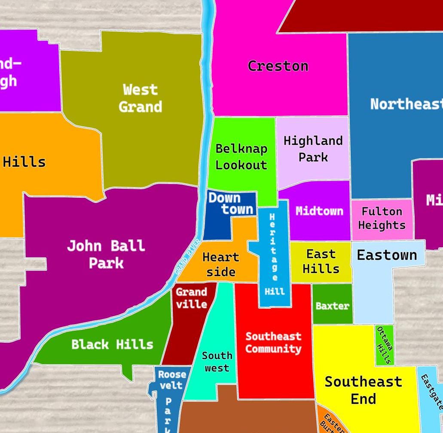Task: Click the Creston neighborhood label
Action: [278, 66]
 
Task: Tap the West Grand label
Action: [140, 98]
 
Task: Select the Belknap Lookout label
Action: [241, 157]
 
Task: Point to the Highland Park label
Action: [313, 149]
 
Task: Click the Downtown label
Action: [231, 203]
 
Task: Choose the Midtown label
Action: [319, 211]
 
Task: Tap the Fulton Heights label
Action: [382, 218]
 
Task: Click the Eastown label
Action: [387, 255]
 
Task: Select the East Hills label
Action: [321, 261]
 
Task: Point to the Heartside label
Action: [221, 264]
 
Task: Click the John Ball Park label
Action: [106, 254]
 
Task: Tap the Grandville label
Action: [191, 298]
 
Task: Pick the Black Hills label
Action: [112, 344]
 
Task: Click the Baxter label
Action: [332, 306]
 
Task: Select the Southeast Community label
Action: [273, 342]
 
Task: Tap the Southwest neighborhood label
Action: [217, 362]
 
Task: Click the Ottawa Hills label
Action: [384, 345]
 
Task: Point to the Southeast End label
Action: [363, 390]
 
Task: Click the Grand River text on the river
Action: [188, 257]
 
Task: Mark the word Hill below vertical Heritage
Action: [275, 292]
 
